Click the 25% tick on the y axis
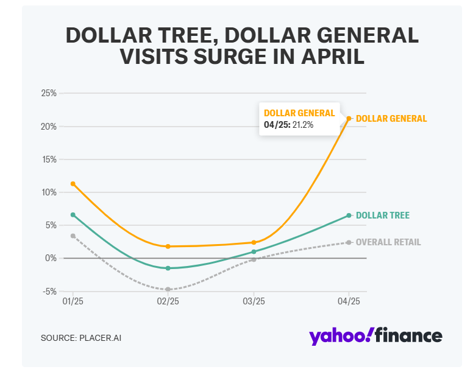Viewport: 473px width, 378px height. pyautogui.click(x=49, y=93)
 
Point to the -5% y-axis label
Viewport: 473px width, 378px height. pyautogui.click(x=48, y=291)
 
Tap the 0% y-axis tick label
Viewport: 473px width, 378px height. pyautogui.click(x=51, y=258)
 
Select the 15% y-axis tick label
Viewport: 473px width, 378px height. pyautogui.click(x=49, y=159)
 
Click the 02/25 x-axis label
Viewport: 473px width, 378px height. pyautogui.click(x=168, y=301)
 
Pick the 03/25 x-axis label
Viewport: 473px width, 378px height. pyautogui.click(x=254, y=301)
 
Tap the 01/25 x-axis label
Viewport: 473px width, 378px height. pyautogui.click(x=73, y=301)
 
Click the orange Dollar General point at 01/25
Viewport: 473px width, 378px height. pyautogui.click(x=73, y=183)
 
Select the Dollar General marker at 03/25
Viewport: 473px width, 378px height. pyautogui.click(x=254, y=242)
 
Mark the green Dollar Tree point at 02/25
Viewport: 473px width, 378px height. pyautogui.click(x=168, y=268)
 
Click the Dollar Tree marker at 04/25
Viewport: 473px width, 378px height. pyautogui.click(x=349, y=215)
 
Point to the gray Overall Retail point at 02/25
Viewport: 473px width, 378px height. pyautogui.click(x=168, y=289)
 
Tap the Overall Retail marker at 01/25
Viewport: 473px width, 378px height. pyautogui.click(x=73, y=236)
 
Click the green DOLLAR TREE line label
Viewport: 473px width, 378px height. pyautogui.click(x=383, y=215)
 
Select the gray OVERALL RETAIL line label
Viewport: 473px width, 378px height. pyautogui.click(x=388, y=242)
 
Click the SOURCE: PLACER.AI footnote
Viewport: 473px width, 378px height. pyautogui.click(x=77, y=337)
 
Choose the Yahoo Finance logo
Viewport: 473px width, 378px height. pyautogui.click(x=375, y=335)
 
